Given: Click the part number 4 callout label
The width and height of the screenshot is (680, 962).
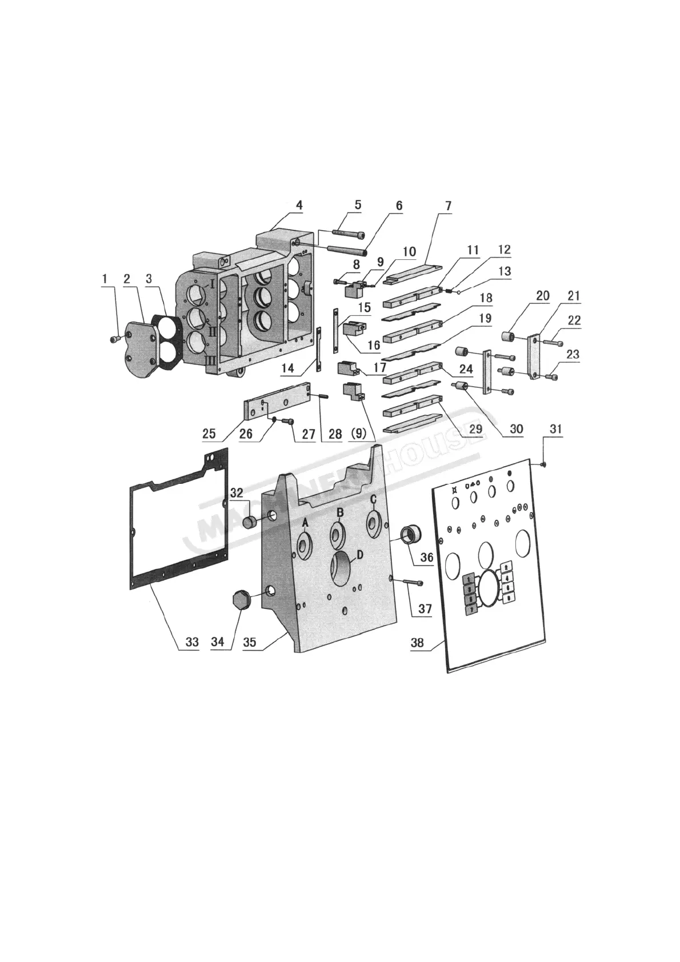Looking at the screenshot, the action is (299, 205).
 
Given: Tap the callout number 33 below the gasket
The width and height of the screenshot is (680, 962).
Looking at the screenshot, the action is (192, 642).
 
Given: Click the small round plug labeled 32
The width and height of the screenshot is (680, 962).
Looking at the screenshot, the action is (250, 522).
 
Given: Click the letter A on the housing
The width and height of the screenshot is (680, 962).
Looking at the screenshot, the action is (305, 522).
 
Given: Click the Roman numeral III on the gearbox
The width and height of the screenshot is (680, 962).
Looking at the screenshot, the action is (210, 360).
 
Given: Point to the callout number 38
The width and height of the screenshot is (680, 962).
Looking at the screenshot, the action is (417, 642).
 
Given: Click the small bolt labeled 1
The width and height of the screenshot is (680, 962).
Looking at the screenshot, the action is (114, 339).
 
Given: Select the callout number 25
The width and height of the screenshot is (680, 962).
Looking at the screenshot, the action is (209, 434).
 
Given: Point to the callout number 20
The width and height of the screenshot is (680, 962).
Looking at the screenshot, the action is (543, 295).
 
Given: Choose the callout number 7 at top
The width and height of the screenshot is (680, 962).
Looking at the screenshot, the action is (448, 205).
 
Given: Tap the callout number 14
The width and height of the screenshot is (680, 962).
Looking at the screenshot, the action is (287, 368).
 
